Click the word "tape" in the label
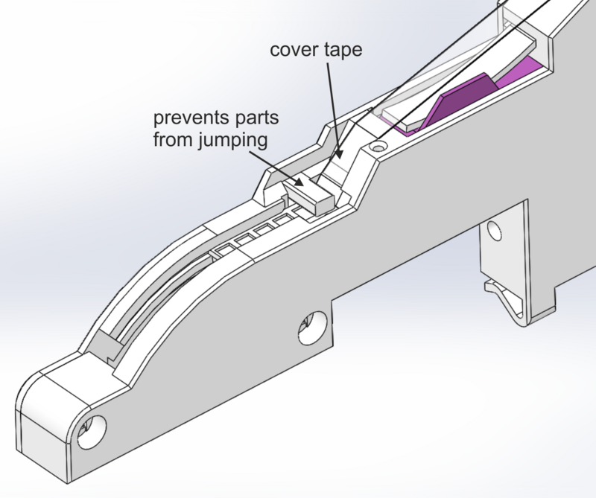point(343,51)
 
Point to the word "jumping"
point(233,141)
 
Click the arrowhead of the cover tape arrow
point(338,155)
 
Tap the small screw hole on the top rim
point(378,145)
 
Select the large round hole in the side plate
point(312,328)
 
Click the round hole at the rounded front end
point(92,432)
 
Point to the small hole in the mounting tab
point(494,230)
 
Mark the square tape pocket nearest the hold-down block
point(285,220)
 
